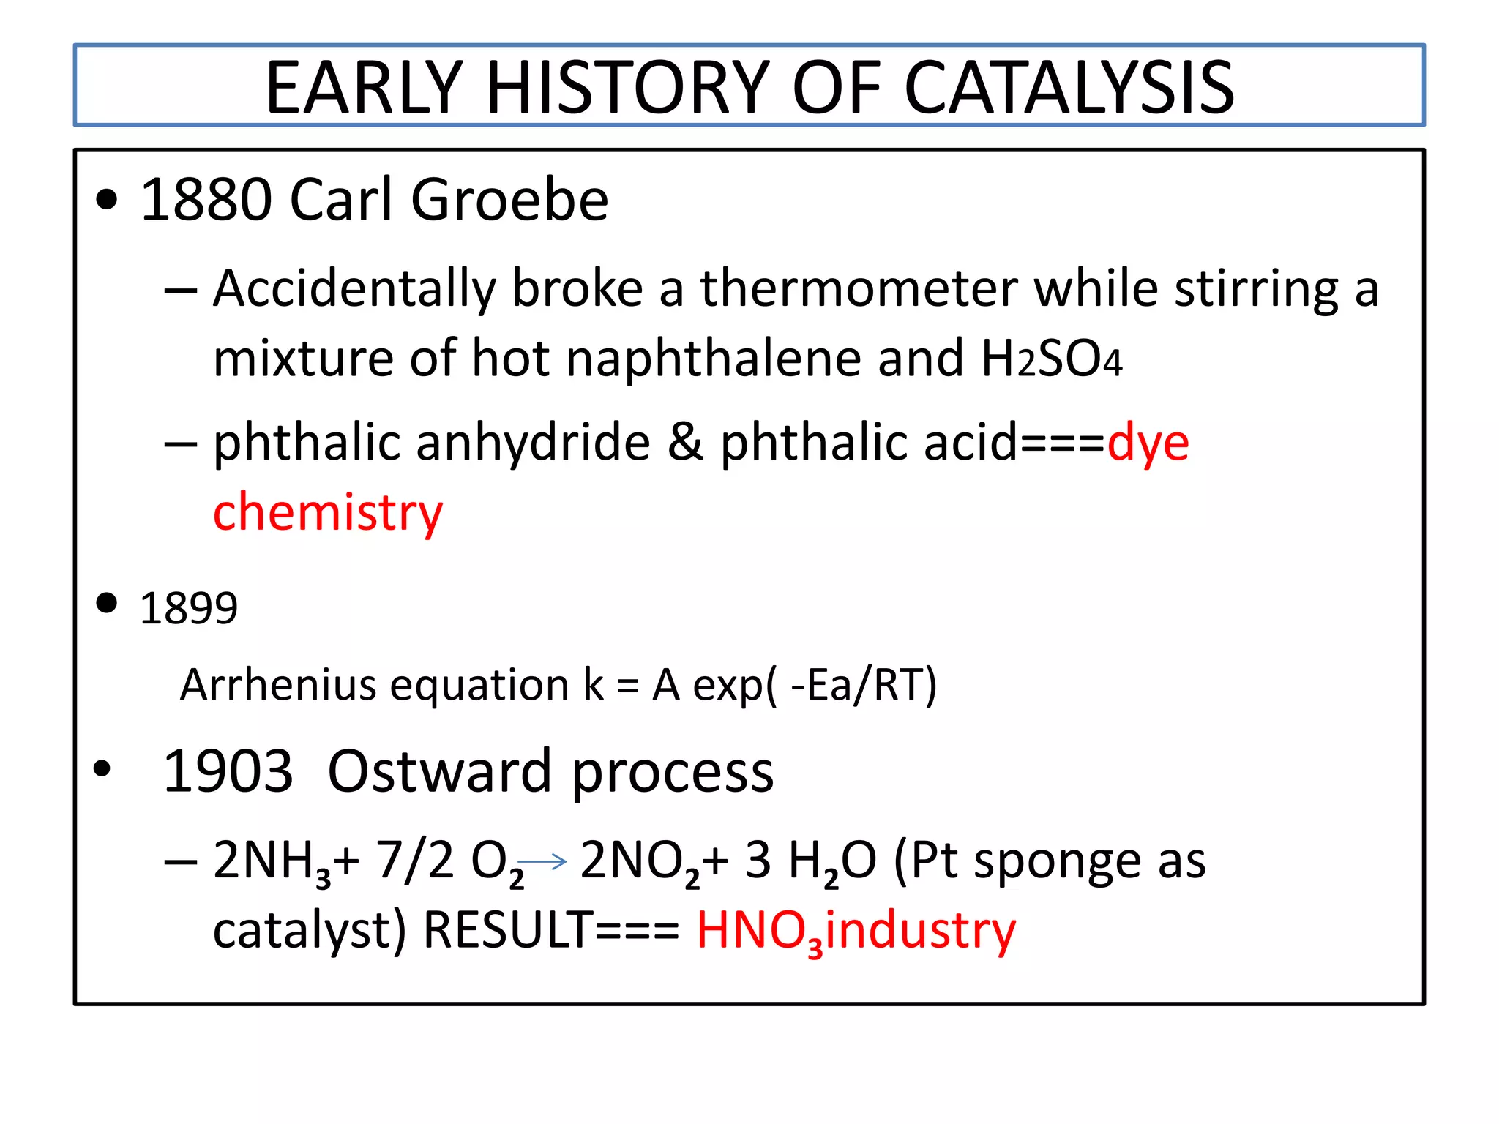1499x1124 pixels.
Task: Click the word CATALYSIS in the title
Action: pos(1069,88)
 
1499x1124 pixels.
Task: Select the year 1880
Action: pos(206,200)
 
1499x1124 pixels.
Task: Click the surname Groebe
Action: pos(509,200)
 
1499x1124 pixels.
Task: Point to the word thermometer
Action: pos(859,289)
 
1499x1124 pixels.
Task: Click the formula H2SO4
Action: pos(1051,359)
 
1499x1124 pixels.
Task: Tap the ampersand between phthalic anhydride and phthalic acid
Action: pos(685,443)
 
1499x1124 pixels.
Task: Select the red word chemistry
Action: pos(328,512)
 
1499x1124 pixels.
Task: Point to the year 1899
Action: pos(189,608)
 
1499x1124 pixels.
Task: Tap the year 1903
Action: pos(228,771)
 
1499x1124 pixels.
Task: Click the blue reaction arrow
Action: pos(542,862)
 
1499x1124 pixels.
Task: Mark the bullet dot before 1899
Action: pos(107,603)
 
